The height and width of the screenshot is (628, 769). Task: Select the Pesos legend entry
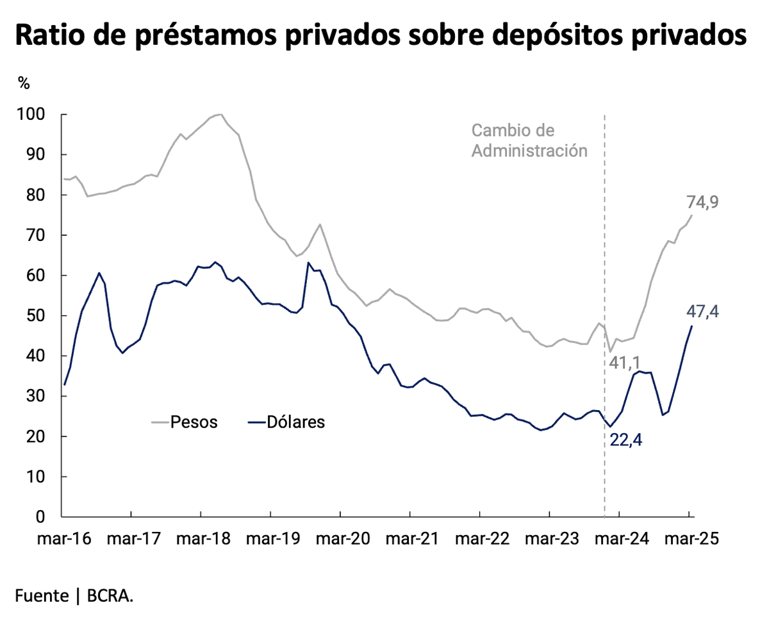click(x=186, y=422)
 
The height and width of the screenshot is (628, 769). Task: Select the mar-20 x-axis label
click(x=340, y=539)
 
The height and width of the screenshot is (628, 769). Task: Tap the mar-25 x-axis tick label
click(x=689, y=539)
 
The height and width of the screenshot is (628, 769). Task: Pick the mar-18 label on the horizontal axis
click(x=201, y=539)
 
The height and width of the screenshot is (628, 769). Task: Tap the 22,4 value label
click(x=625, y=441)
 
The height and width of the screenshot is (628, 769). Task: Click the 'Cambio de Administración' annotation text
click(x=529, y=141)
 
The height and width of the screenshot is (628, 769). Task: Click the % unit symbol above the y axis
click(x=24, y=83)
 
